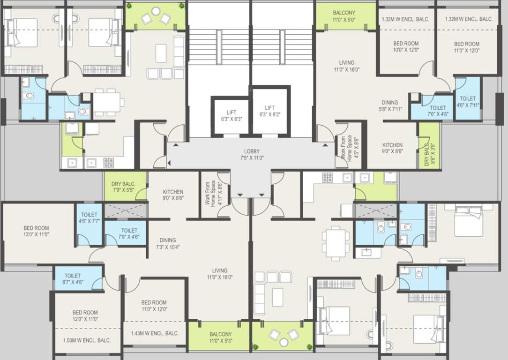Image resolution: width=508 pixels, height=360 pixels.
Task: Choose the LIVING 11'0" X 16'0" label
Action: [x=347, y=66]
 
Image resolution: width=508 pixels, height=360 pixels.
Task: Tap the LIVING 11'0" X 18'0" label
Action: [x=219, y=274]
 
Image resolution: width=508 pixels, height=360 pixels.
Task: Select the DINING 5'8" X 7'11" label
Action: [x=390, y=106]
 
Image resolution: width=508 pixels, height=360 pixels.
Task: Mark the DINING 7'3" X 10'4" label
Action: [x=168, y=243]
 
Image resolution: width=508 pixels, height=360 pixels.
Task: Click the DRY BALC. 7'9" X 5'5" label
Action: [x=123, y=187]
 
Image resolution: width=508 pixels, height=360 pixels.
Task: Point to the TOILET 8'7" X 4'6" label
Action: [x=73, y=279]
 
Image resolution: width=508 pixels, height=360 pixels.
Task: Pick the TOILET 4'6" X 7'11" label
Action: [x=467, y=102]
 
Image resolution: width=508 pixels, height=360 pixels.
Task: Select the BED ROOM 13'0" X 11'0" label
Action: [x=36, y=231]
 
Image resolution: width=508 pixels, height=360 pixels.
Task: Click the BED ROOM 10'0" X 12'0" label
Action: [x=406, y=46]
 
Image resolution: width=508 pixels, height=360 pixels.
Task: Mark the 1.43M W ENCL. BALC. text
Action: [x=155, y=333]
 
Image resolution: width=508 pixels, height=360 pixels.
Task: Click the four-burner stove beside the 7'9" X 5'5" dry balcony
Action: [x=109, y=163]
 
